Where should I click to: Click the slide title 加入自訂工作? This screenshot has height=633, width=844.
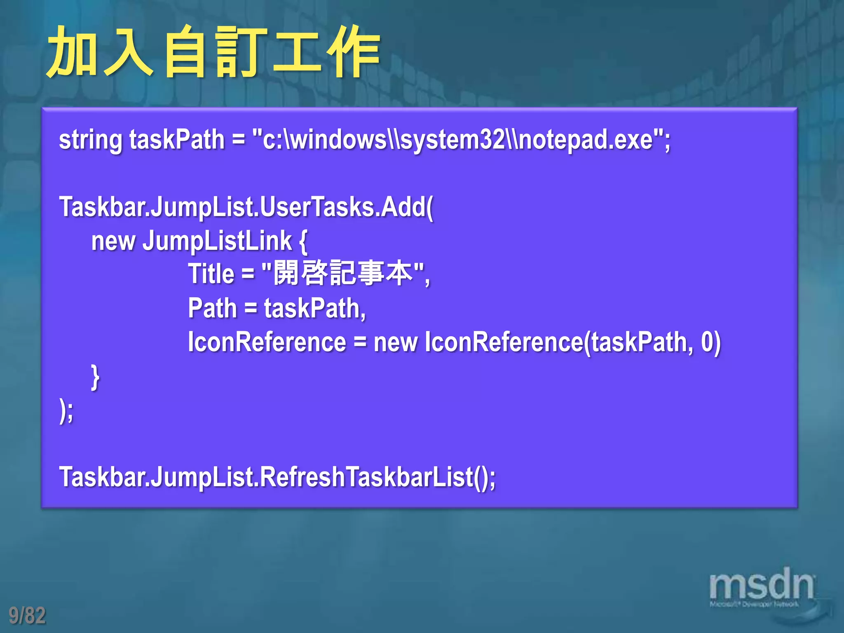click(x=213, y=52)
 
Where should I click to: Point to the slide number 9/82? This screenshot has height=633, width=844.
click(x=27, y=615)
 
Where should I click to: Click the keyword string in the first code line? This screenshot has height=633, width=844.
click(x=91, y=140)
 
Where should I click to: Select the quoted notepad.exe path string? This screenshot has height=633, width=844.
click(x=461, y=140)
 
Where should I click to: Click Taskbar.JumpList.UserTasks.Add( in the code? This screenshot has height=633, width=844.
click(x=246, y=207)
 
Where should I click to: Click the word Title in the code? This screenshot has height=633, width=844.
click(x=211, y=274)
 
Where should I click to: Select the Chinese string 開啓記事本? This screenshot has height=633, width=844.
click(x=343, y=273)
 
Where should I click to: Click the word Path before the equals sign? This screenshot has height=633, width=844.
click(x=212, y=308)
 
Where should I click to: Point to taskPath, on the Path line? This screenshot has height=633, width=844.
click(x=315, y=308)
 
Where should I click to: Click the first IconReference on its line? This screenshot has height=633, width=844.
click(x=267, y=342)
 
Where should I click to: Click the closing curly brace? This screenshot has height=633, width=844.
click(x=95, y=377)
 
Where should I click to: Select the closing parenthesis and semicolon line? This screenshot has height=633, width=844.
click(x=66, y=410)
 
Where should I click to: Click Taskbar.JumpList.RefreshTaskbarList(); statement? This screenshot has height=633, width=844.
click(x=277, y=477)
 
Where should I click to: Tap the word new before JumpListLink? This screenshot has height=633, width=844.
click(x=113, y=241)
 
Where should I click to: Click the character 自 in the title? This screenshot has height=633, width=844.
click(x=185, y=52)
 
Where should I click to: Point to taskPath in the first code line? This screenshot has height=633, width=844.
click(x=177, y=140)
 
